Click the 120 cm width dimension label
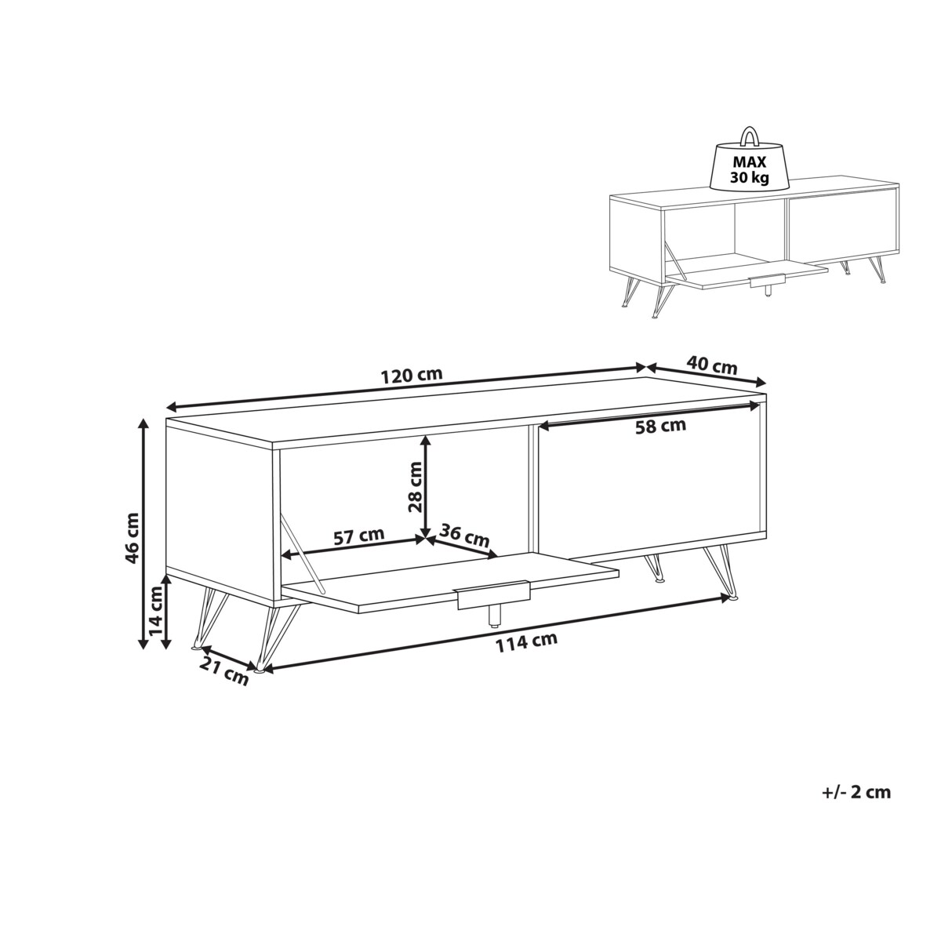412,375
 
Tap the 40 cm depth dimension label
711,365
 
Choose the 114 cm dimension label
526,643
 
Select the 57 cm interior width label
359,536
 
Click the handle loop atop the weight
749,136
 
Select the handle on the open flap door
492,595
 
